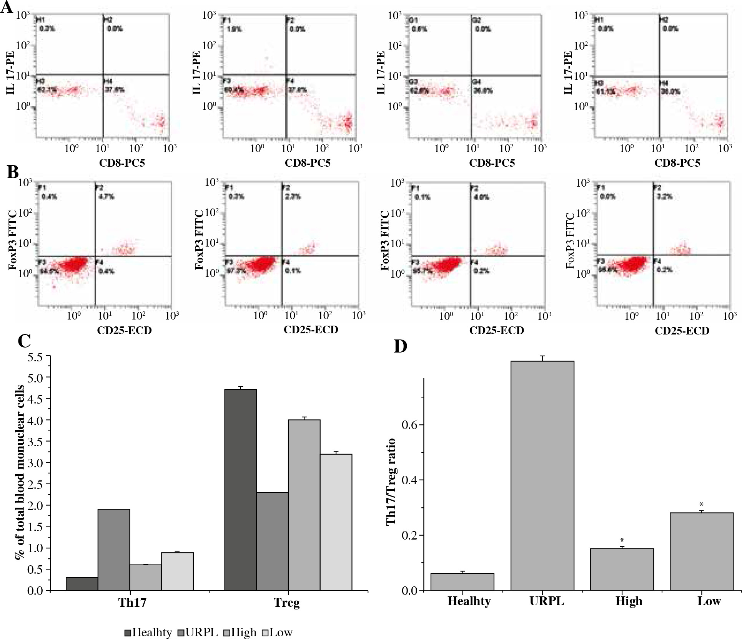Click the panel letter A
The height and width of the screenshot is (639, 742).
(7, 8)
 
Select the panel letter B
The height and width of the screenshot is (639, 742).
(12, 172)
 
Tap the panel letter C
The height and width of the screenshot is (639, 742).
(24, 341)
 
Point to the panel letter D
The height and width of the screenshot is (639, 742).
(401, 346)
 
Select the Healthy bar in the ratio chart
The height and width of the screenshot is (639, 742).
(462, 581)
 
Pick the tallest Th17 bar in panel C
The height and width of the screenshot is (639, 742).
(114, 550)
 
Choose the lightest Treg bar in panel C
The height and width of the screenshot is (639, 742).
(336, 522)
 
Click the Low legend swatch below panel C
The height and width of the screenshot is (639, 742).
(265, 632)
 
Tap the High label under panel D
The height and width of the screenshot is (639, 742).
(629, 601)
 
